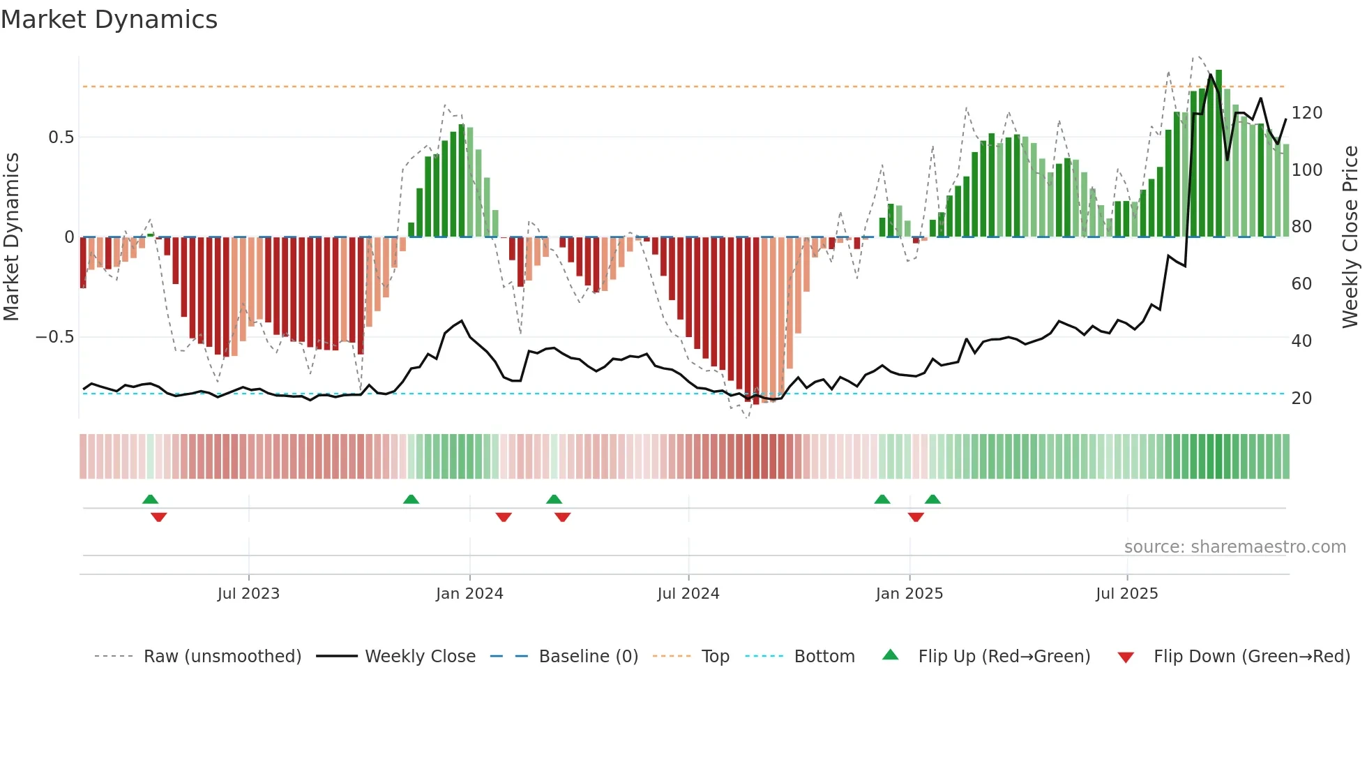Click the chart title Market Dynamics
pos(109,20)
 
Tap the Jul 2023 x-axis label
pos(248,594)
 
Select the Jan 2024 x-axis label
pos(469,594)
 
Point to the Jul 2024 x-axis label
pos(688,594)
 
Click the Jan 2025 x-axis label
pos(909,594)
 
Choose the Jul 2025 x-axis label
pos(1126,594)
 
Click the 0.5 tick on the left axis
pos(61,137)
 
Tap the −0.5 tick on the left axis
pos(54,337)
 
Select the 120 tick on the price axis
pos(1306,113)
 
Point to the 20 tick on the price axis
pos(1301,398)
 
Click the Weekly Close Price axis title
pos(1350,237)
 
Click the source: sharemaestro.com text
pos(1234,547)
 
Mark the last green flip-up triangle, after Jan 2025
pos(932,500)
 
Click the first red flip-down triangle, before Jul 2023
pos(159,517)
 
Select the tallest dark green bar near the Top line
pos(1218,154)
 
